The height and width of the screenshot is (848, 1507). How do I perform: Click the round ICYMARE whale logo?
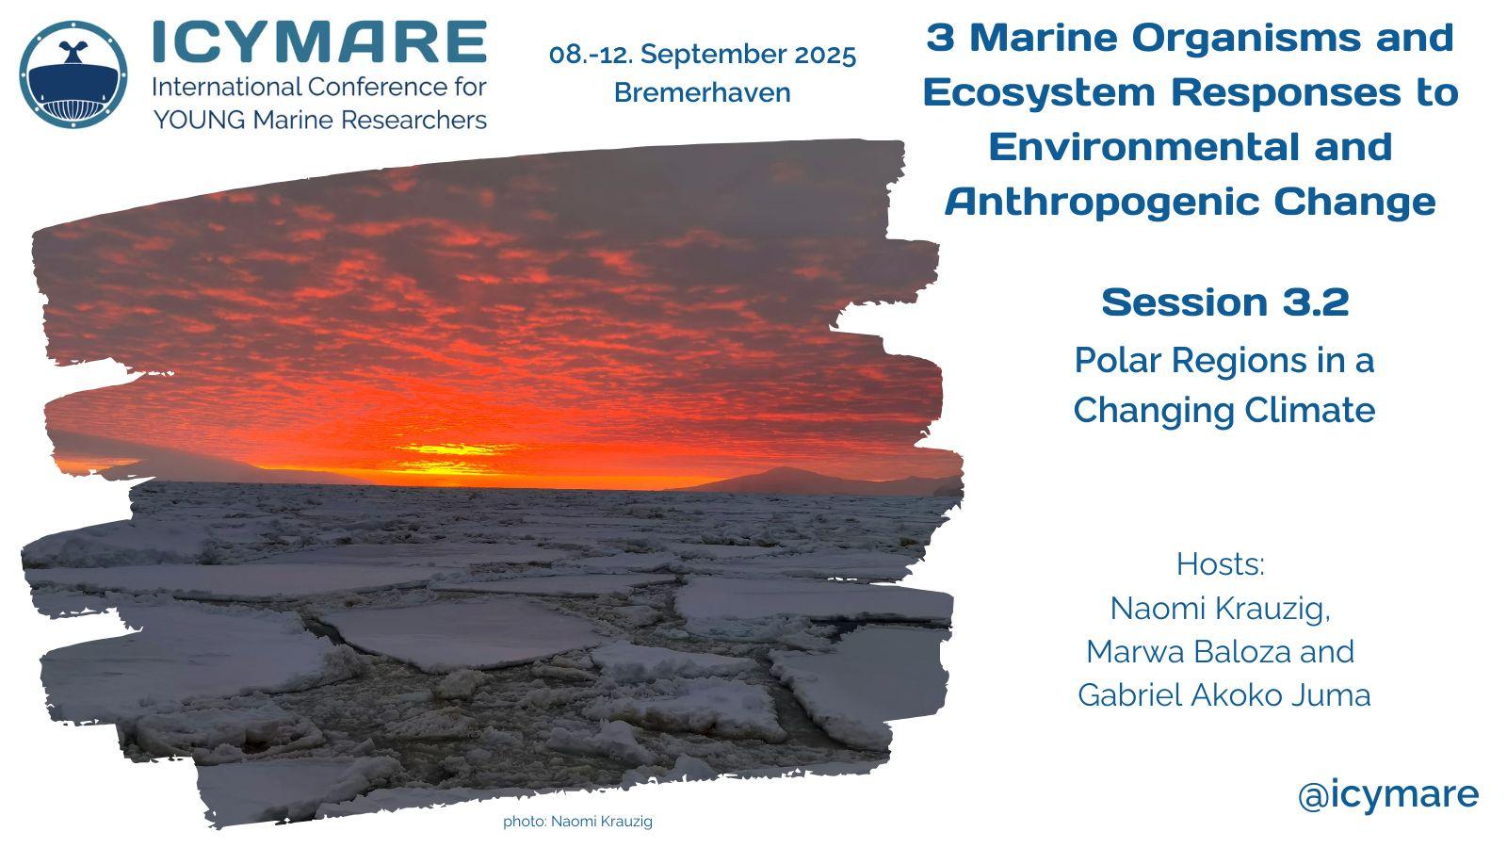click(x=73, y=74)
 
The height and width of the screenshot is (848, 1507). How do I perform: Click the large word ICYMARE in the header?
click(x=319, y=41)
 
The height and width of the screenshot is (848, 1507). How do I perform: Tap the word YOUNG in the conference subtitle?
click(x=199, y=121)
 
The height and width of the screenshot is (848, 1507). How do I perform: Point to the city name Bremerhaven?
click(x=703, y=93)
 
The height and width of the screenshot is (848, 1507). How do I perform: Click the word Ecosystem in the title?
click(x=1039, y=92)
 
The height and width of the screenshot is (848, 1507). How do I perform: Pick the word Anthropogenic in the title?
click(x=1101, y=202)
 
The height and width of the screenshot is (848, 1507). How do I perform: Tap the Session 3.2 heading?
click(x=1225, y=302)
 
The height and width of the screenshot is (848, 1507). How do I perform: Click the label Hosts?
click(x=1221, y=564)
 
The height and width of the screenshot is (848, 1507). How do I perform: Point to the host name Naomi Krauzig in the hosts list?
click(x=1220, y=609)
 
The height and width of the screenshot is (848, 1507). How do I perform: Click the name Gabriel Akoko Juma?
click(x=1223, y=695)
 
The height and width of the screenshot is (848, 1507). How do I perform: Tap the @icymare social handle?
click(x=1388, y=795)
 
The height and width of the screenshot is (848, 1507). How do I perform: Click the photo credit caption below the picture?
click(x=578, y=821)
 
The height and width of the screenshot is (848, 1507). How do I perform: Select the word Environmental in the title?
click(x=1142, y=147)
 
